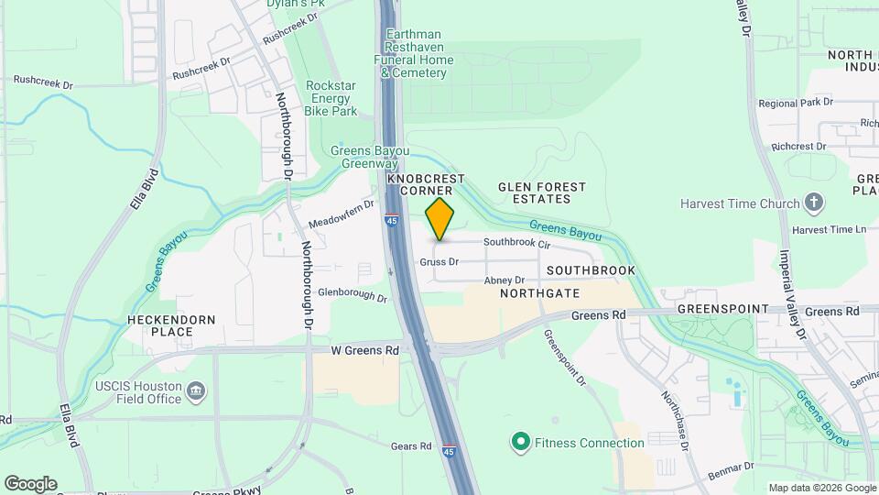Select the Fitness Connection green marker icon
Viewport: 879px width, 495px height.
coord(520,443)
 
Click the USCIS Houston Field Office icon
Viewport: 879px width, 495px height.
coord(196,392)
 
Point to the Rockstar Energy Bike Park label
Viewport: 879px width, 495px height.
coord(331,98)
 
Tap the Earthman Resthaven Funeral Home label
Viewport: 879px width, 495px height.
coord(414,53)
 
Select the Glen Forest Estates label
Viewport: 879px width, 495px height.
coord(541,192)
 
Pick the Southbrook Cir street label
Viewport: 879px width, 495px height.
coord(516,245)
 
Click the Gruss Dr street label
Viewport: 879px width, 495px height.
coord(438,261)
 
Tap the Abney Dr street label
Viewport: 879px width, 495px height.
coord(504,280)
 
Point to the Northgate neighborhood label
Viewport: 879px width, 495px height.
coord(540,293)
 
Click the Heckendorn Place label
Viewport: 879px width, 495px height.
coord(172,325)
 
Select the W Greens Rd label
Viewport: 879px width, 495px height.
coord(364,350)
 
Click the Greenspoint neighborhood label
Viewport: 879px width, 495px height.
coord(723,310)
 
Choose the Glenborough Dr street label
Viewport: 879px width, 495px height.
coord(353,295)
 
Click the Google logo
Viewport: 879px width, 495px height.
coord(30,484)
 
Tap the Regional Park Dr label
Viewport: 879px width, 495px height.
coord(788,104)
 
